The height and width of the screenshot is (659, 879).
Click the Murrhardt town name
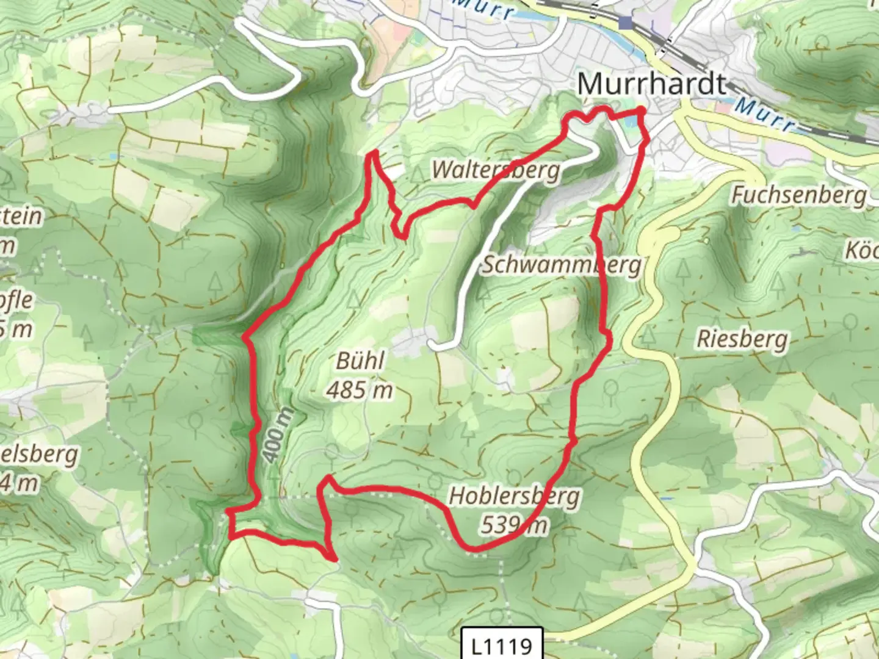652,84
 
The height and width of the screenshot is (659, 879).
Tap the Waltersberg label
496,170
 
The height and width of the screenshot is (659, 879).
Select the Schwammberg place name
562,265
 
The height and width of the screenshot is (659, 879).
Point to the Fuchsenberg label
799,195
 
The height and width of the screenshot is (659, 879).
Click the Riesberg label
742,339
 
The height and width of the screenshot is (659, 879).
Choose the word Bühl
360,361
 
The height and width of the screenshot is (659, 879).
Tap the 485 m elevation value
359,390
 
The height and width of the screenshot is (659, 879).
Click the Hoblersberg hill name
515,496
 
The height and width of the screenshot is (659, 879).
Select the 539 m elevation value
515,525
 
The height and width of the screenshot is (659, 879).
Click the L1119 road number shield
502,644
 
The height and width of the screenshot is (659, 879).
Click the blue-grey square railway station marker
625,23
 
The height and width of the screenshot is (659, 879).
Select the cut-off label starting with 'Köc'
861,250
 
